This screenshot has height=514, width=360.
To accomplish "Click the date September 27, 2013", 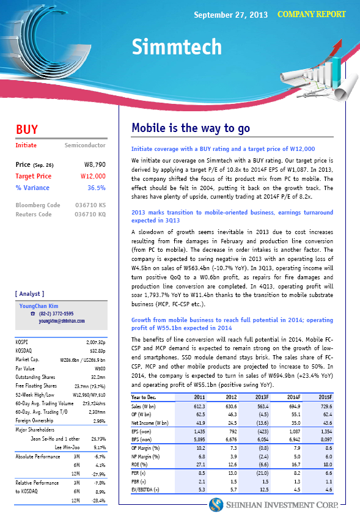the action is click(x=230, y=15).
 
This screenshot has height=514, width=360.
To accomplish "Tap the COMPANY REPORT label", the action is click(x=311, y=14).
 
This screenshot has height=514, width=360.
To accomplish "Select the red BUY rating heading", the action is click(x=27, y=130).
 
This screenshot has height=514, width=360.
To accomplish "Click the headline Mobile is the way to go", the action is click(x=190, y=128).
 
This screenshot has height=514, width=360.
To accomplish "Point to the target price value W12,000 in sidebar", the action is click(x=94, y=176).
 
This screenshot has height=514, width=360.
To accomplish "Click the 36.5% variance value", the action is click(x=97, y=188).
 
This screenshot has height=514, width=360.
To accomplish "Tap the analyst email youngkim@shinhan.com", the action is click(x=61, y=320).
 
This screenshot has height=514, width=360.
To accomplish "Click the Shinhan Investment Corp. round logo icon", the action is click(x=216, y=504).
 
